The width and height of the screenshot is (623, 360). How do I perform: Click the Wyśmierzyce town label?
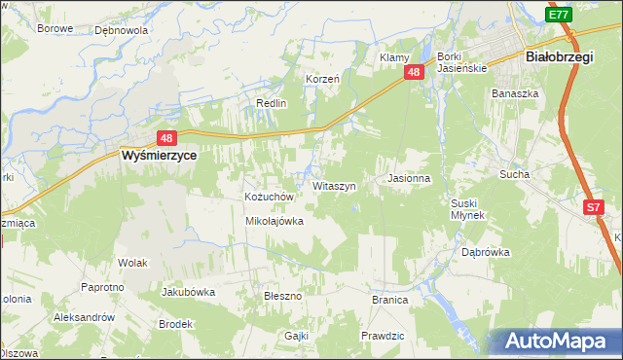point(159,155)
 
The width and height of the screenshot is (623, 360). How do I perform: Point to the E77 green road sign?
point(559,15)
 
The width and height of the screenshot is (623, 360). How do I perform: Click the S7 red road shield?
point(595,207)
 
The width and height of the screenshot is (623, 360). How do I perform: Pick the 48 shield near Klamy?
point(415,72)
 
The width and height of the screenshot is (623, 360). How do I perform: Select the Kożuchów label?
point(269,197)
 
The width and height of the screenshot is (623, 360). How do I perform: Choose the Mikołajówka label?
point(275,221)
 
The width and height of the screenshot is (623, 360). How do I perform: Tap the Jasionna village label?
point(408,179)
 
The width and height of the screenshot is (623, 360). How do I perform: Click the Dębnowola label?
point(121,30)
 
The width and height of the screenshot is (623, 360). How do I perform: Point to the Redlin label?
point(271,103)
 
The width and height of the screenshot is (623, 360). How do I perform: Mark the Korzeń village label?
point(322,79)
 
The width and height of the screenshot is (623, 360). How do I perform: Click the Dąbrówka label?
point(486,252)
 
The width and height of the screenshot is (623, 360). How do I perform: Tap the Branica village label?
point(389,300)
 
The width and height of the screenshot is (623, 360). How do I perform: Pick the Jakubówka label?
point(188,291)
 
